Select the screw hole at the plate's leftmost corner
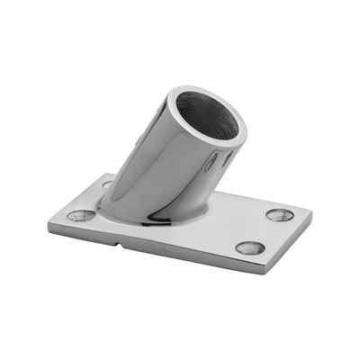pyautogui.click(x=81, y=216)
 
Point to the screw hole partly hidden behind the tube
pyautogui.click(x=107, y=184)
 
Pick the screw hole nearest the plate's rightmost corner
pyautogui.click(x=280, y=215)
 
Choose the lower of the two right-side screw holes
pyautogui.click(x=250, y=247)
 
